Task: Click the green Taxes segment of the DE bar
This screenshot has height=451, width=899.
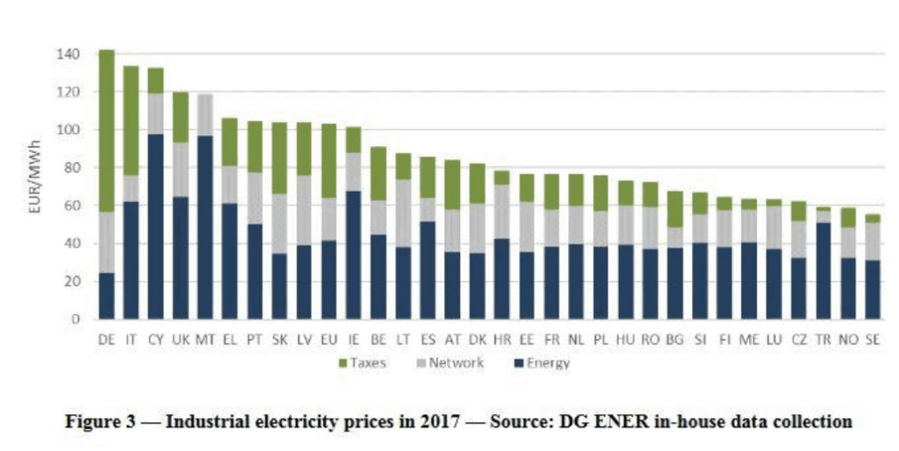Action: (x=106, y=131)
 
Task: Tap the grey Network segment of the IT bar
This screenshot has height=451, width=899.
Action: (x=131, y=188)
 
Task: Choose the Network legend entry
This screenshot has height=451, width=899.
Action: (x=451, y=363)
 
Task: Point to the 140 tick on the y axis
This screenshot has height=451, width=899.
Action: (x=71, y=55)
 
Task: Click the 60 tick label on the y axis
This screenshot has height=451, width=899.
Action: (x=75, y=206)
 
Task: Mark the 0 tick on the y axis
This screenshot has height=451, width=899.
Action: (x=77, y=319)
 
